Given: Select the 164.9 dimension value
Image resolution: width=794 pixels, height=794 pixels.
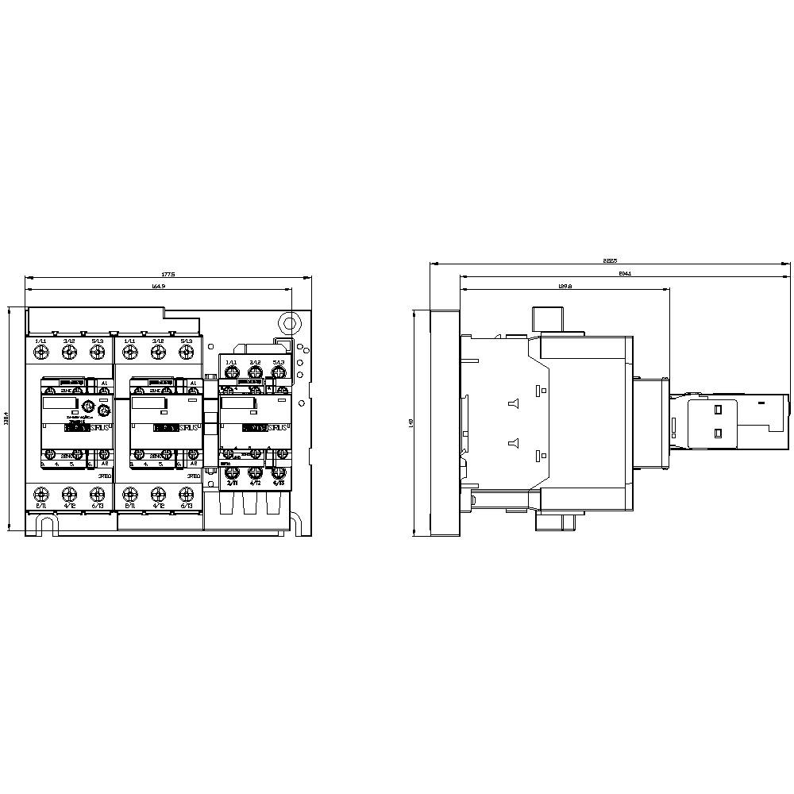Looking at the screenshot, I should point(157,286).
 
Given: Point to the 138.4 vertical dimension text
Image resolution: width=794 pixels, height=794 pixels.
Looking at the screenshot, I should point(6,418).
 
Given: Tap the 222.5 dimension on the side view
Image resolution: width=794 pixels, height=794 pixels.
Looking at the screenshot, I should point(610,260).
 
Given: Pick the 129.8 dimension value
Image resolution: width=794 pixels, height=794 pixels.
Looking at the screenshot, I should point(565,286).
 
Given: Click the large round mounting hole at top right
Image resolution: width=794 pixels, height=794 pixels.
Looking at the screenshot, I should point(290,323).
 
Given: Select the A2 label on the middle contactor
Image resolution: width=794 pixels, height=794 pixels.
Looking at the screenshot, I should point(193,463).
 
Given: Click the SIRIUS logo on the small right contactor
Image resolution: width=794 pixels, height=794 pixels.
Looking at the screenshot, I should point(279,428).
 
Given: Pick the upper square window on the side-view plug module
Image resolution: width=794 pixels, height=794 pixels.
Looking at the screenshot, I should point(719,410).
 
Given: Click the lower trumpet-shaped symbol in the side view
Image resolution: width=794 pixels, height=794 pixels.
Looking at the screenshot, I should point(512,444).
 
